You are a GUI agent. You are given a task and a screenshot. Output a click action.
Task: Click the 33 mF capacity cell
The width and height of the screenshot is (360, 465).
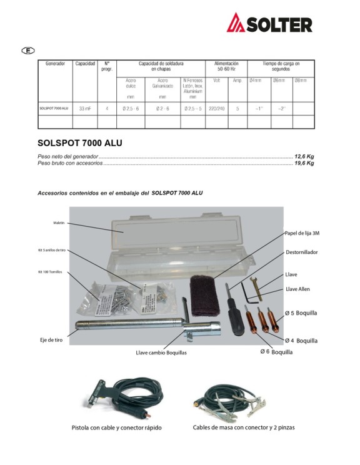85,108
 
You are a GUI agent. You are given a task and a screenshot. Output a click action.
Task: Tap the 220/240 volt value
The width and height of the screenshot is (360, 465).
217,108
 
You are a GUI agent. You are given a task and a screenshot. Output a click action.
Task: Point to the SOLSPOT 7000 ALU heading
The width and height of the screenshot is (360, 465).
80,142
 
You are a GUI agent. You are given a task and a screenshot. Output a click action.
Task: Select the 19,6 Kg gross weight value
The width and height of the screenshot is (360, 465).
304,162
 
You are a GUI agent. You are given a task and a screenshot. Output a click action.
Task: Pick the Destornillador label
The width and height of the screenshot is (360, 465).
302,252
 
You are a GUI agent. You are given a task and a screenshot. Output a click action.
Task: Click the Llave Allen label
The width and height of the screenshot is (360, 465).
297,289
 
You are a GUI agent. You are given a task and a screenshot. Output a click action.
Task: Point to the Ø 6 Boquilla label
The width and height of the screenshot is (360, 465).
277,352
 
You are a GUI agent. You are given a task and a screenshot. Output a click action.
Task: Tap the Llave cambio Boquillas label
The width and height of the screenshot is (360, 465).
161,353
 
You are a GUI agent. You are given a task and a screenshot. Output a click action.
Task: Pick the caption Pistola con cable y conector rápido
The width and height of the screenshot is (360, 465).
116,427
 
